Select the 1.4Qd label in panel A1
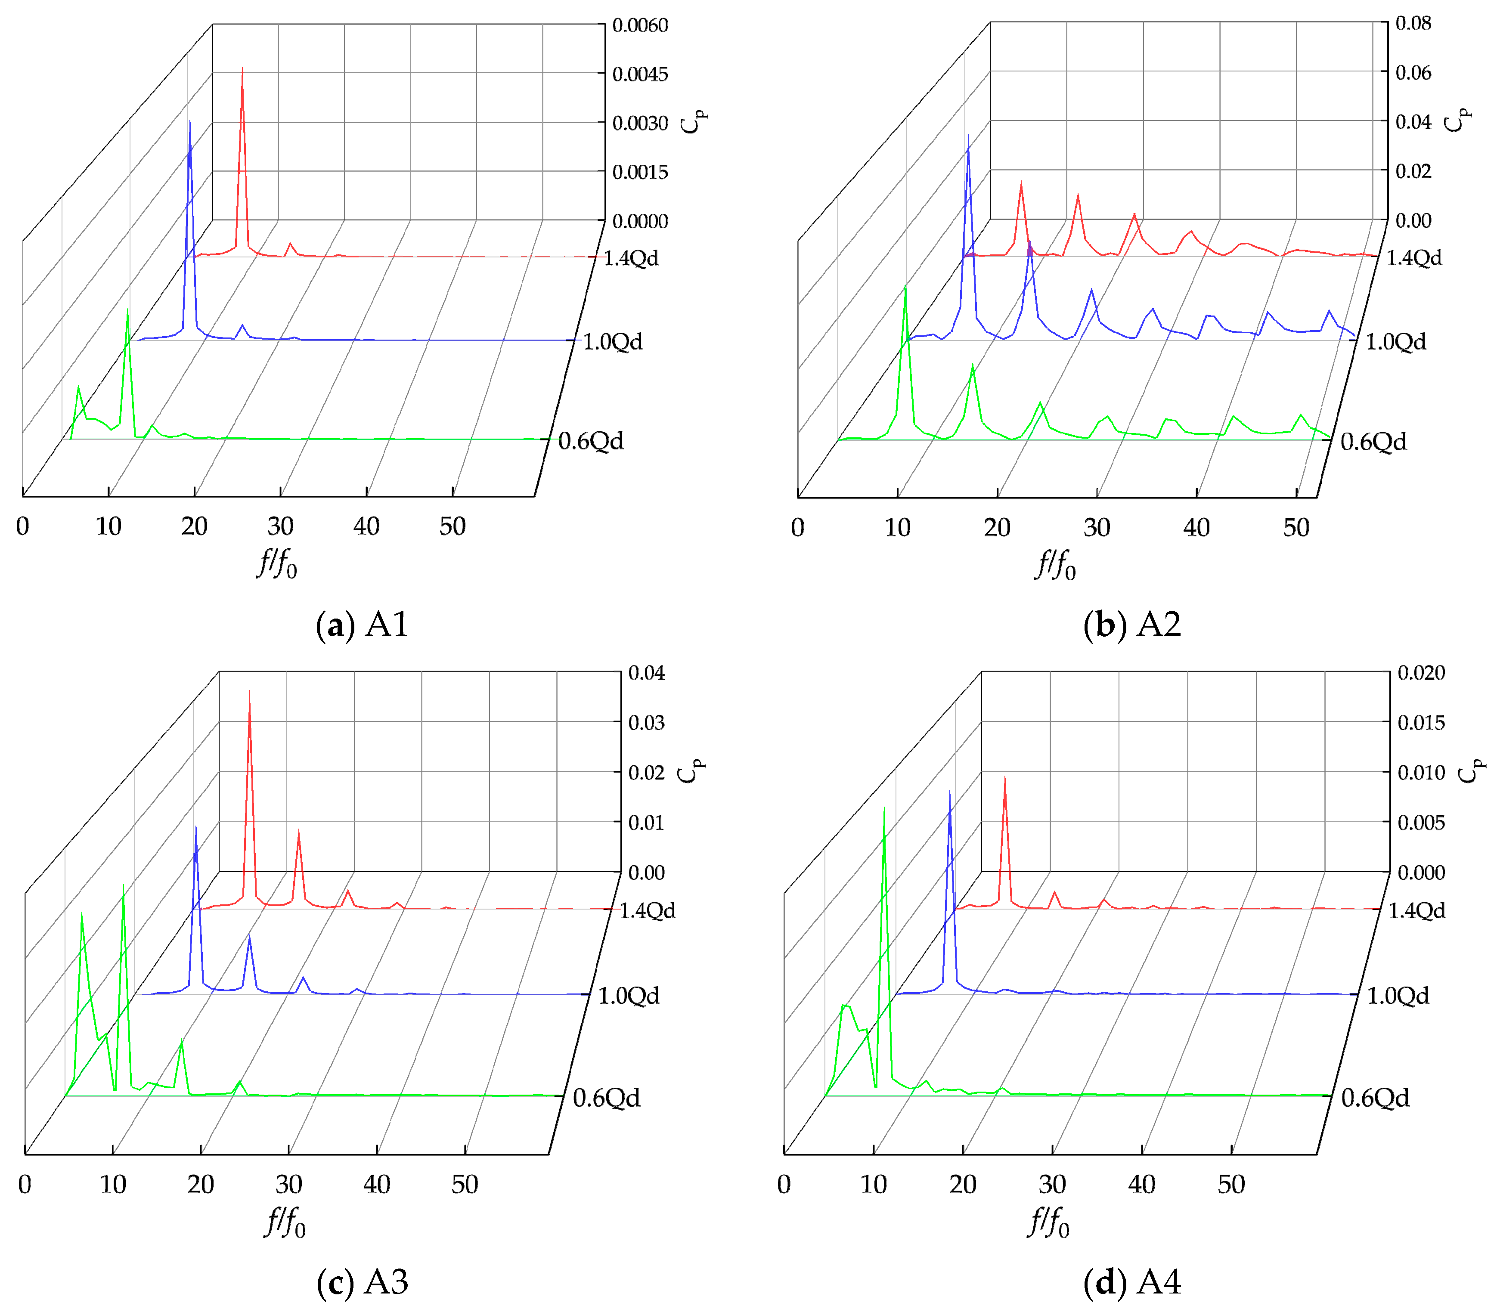631,258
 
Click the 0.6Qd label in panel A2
1373,442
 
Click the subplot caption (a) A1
362,625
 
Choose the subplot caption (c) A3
362,1281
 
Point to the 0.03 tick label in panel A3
646,723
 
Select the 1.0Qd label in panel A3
629,996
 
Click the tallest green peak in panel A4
884,809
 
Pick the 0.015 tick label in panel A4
1421,723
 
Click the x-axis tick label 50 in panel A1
453,526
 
